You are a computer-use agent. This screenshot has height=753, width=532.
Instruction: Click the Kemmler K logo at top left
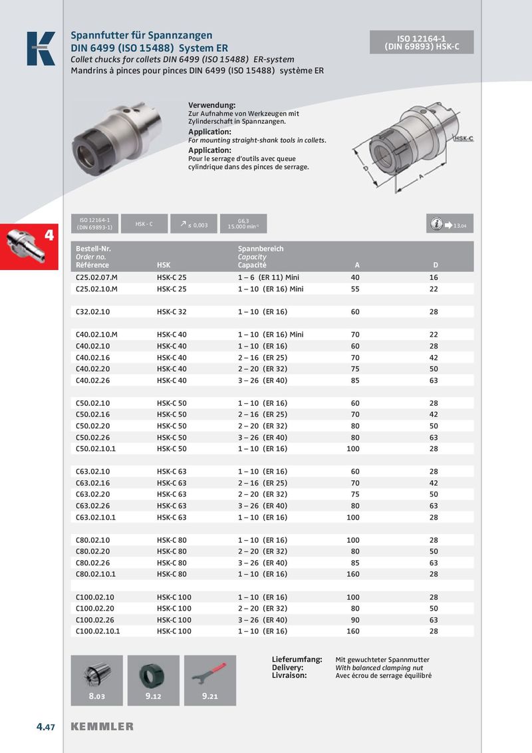[x=41, y=49]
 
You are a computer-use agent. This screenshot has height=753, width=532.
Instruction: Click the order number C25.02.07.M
[x=97, y=277]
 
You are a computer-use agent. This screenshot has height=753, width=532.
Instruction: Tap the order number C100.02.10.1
[x=98, y=631]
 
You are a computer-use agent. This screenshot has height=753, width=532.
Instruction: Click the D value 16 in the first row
[x=434, y=277]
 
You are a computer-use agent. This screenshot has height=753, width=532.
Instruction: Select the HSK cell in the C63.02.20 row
[x=172, y=494]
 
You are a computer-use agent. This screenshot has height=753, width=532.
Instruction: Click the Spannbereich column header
[x=261, y=249]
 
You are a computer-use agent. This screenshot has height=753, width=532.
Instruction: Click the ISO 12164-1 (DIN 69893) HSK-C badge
[x=422, y=43]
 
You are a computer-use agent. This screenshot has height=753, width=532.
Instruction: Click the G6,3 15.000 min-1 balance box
[x=243, y=224]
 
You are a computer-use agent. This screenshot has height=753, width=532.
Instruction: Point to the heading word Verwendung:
[x=212, y=106]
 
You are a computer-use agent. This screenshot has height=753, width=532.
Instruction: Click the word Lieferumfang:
[x=297, y=659]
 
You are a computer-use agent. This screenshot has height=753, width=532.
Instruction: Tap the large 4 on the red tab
[x=49, y=235]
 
